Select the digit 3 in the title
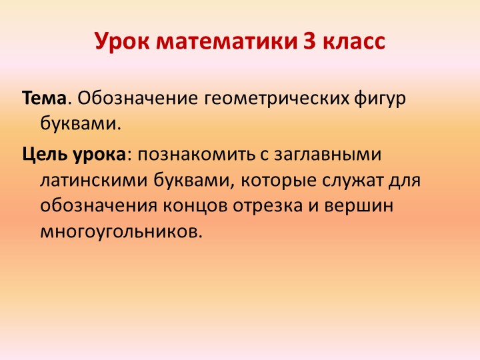tap(310, 42)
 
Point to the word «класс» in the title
tap(354, 42)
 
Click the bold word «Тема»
tap(44, 99)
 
